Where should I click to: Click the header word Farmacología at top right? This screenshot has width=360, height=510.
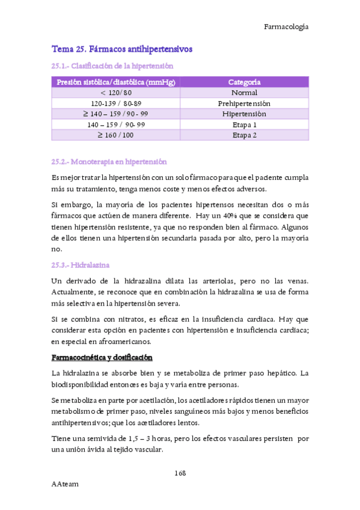tap(286, 26)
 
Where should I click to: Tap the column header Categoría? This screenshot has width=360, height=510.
tap(244, 82)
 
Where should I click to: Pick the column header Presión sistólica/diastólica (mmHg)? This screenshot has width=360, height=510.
tap(116, 82)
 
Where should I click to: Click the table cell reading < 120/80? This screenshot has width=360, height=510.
tap(116, 93)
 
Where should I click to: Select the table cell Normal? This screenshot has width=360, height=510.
tap(244, 93)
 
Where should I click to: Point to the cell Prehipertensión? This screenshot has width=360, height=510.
tap(244, 103)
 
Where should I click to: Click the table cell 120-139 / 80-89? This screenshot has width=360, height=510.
tap(116, 103)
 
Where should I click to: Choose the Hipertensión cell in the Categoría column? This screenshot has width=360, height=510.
tap(244, 114)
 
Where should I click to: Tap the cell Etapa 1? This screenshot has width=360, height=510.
tap(244, 124)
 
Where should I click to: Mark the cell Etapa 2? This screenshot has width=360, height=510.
tap(244, 135)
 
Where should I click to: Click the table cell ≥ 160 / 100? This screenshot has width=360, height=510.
tap(116, 135)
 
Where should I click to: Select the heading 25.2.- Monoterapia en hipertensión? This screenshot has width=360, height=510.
tap(109, 162)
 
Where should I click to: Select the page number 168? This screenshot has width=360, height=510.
tap(180, 473)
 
